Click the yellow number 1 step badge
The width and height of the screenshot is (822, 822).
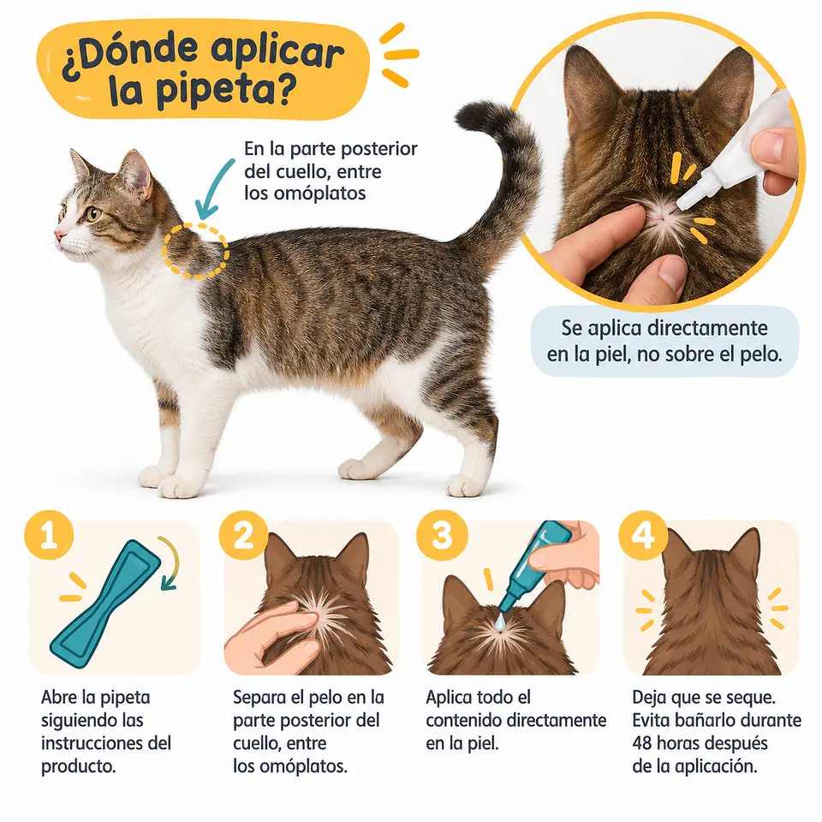(x=49, y=535)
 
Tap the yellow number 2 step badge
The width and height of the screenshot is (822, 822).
(x=244, y=535)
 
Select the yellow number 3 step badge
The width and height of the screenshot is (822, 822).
(x=442, y=535)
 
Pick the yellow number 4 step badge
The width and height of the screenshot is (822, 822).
(x=643, y=535)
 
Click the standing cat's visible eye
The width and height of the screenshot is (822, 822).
(x=93, y=213)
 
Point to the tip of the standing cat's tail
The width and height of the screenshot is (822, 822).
(x=462, y=118)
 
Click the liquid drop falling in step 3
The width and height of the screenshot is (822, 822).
(x=500, y=622)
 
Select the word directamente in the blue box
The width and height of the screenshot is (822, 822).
(x=708, y=328)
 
